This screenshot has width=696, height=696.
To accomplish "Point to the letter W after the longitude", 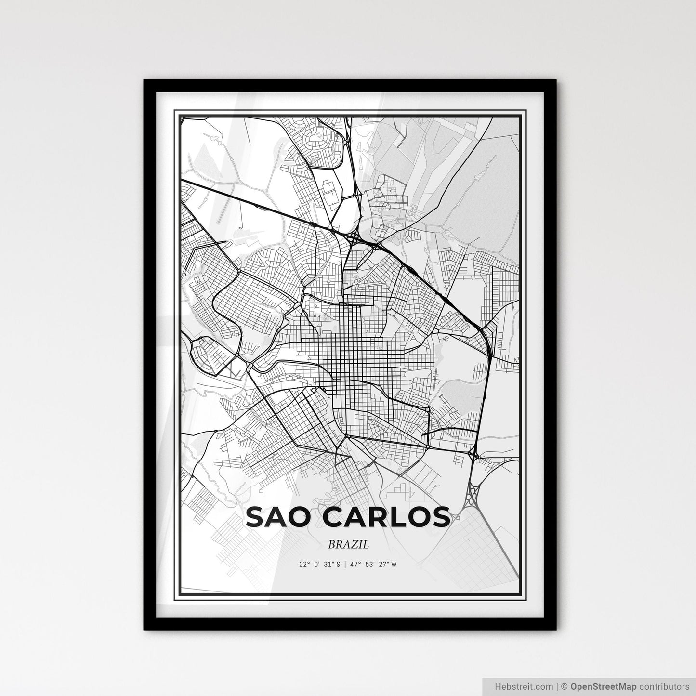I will click(394, 565).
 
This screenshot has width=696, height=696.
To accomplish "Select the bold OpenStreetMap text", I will click(604, 686).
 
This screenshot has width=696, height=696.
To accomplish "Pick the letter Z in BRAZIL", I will click(356, 545).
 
